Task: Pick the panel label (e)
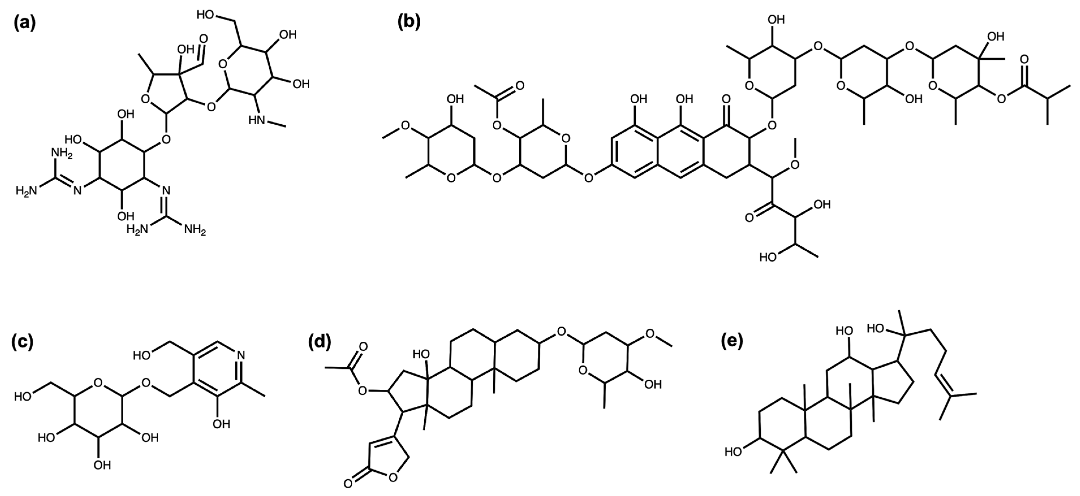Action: [732, 341]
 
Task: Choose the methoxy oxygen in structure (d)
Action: [650, 334]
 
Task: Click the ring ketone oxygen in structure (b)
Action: [726, 100]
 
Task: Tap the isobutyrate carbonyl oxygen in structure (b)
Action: [1024, 59]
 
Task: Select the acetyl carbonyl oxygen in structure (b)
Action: [519, 86]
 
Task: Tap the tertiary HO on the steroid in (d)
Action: [421, 354]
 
